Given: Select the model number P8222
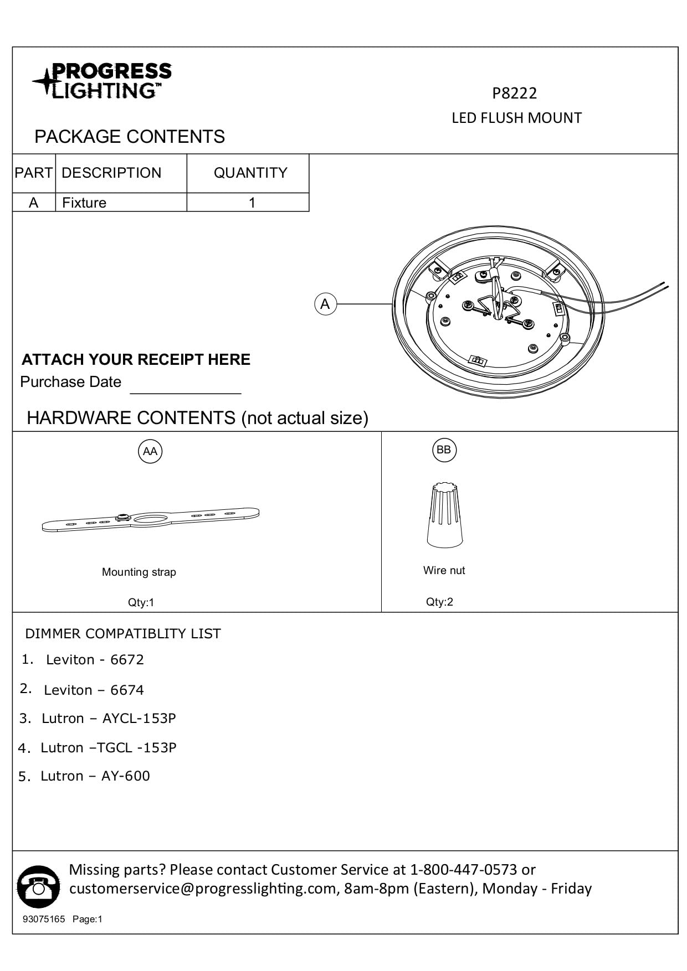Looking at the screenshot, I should tap(514, 93).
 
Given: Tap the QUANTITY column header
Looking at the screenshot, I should tap(250, 173).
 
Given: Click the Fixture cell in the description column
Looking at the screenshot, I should tap(84, 203).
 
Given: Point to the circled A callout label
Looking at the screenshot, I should tap(325, 304).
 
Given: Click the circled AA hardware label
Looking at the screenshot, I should tap(150, 451).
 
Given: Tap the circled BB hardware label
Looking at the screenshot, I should tap(444, 450).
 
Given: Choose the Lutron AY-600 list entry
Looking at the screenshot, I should tap(95, 776).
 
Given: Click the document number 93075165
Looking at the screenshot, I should tap(44, 920).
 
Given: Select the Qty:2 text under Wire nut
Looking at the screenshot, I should tap(439, 602).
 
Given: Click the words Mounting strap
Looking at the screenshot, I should tap(139, 572).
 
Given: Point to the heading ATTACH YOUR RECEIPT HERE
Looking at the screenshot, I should tap(136, 359).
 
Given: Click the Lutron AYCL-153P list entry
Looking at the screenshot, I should tap(109, 718).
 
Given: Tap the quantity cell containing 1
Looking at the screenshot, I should tap(252, 203).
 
